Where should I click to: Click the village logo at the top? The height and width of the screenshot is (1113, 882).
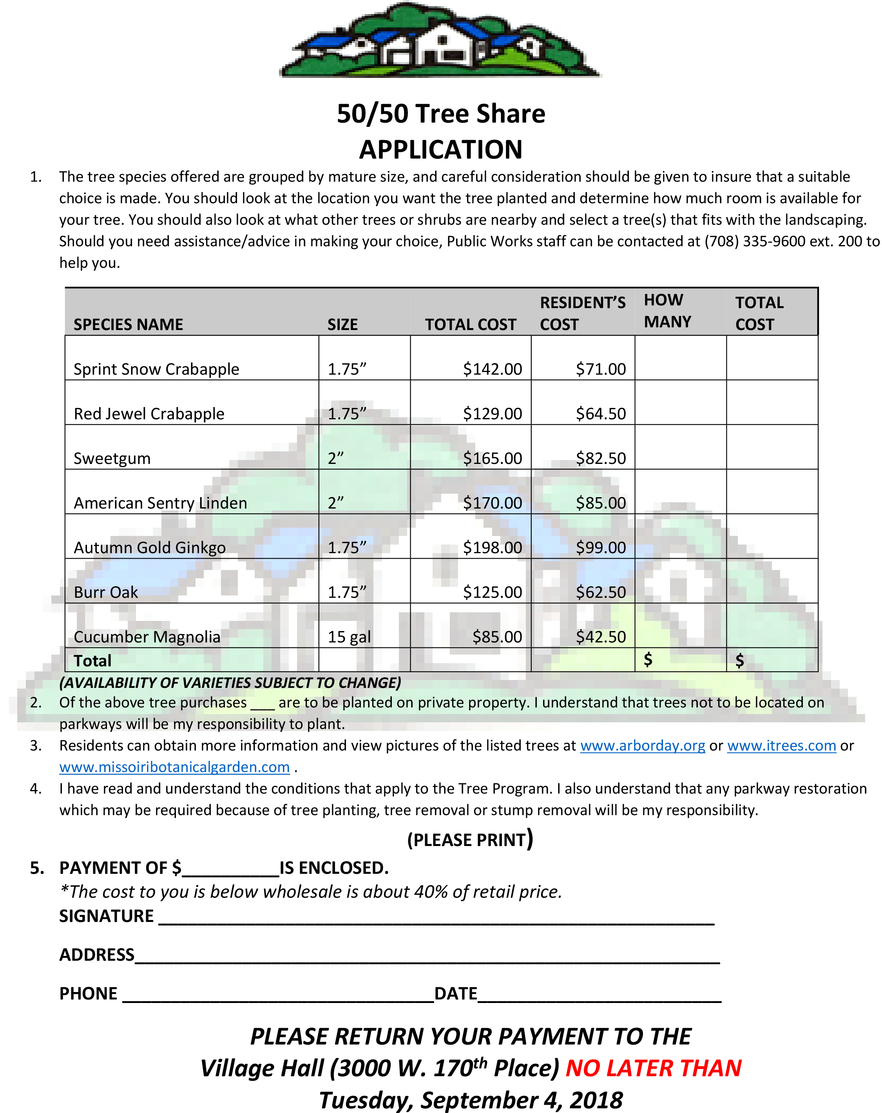[x=440, y=41]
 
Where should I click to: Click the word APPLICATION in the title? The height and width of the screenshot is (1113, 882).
[x=440, y=150]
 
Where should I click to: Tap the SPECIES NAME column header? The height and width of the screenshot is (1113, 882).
[x=128, y=325]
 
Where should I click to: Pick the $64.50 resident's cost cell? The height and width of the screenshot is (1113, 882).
[x=601, y=414]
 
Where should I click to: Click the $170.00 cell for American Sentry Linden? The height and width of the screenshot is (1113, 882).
[x=492, y=503]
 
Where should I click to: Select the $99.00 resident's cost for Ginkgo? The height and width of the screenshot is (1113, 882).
[x=601, y=547]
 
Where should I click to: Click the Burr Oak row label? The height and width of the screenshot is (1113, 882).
[x=106, y=592]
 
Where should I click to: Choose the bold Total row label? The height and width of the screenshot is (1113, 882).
[x=92, y=661]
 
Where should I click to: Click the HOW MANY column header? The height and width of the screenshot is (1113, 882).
[x=667, y=311]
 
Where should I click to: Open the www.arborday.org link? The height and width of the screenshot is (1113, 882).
[x=642, y=746]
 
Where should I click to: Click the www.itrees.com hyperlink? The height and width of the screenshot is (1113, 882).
[x=781, y=746]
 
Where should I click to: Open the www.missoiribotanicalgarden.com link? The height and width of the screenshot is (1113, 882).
[x=174, y=767]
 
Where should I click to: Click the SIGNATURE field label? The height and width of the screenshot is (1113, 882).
[x=106, y=916]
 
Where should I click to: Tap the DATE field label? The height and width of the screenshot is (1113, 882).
[x=455, y=993]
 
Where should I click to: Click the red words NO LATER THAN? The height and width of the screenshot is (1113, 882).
[x=653, y=1068]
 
